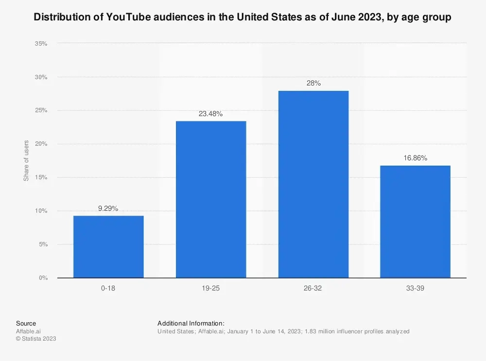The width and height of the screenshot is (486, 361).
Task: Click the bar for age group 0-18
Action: pos(108,247)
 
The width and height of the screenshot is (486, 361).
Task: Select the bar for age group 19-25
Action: pos(211,199)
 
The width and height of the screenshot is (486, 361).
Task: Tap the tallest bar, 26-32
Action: pos(313,184)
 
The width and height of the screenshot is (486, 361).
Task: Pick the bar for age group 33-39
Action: pos(416,222)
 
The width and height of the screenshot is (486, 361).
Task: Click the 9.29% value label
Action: pos(108,208)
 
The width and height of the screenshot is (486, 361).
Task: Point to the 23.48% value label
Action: pos(211,114)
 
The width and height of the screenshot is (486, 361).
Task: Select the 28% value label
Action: pos(313,84)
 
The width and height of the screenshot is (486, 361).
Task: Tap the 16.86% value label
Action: pos(416,158)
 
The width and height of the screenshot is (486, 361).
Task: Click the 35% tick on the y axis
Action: pos(41,44)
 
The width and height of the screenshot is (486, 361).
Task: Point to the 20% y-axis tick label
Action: pos(41,144)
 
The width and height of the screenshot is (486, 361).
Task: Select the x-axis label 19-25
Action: pos(211,288)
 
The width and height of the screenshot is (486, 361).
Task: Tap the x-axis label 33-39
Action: pos(416,288)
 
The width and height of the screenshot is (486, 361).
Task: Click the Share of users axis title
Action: pos(27,160)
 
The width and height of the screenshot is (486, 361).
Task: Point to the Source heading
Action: pos(26,324)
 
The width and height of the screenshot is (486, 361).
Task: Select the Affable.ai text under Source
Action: pos(28,331)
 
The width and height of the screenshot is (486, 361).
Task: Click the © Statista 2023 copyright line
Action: pos(36,339)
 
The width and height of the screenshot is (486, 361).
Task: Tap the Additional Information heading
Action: pos(191,324)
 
